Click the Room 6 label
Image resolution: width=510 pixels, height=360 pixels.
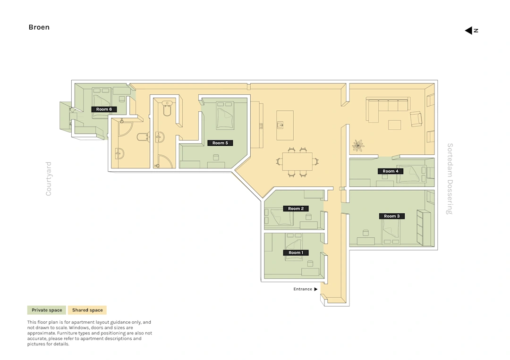click(104, 109)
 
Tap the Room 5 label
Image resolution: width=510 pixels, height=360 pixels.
click(220, 143)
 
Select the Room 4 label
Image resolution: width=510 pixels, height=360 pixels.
click(391, 171)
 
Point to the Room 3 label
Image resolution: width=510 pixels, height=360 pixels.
click(391, 216)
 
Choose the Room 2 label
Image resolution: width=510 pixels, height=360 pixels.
click(296, 209)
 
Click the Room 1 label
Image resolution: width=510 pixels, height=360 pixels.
click(296, 252)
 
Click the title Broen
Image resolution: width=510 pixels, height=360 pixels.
click(39, 27)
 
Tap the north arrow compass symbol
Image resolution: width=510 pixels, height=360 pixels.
click(471, 31)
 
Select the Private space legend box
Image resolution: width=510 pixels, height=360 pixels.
click(46, 310)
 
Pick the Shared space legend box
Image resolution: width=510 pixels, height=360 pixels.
click(87, 310)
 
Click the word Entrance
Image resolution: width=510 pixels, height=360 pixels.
click(303, 289)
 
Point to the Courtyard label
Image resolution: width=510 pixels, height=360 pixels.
click(49, 179)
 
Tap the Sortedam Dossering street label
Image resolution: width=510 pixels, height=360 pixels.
click(450, 179)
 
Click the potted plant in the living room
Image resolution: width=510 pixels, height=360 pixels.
click(358, 146)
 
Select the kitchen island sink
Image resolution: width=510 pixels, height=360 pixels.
click(280, 125)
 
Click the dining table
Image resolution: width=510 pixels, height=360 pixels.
click(297, 161)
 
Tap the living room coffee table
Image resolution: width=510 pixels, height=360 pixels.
click(394, 125)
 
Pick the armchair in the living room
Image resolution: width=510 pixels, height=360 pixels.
click(416, 118)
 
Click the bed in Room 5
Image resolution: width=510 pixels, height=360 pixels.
click(225, 115)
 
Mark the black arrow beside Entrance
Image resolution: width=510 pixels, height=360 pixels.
click(315, 289)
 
